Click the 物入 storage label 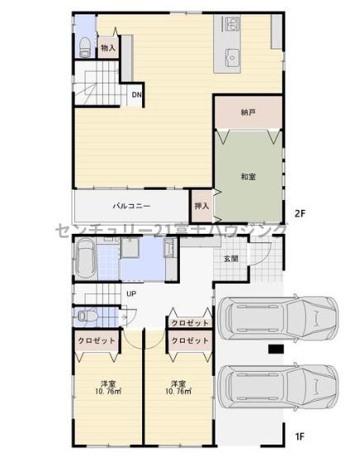108,48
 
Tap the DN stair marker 137,94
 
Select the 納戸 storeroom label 248,112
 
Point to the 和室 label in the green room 248,176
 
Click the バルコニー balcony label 131,206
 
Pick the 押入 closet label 201,206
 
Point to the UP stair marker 130,293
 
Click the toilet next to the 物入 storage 85,45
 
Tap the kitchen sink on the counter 231,56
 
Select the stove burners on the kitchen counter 227,26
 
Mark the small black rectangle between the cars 275,350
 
